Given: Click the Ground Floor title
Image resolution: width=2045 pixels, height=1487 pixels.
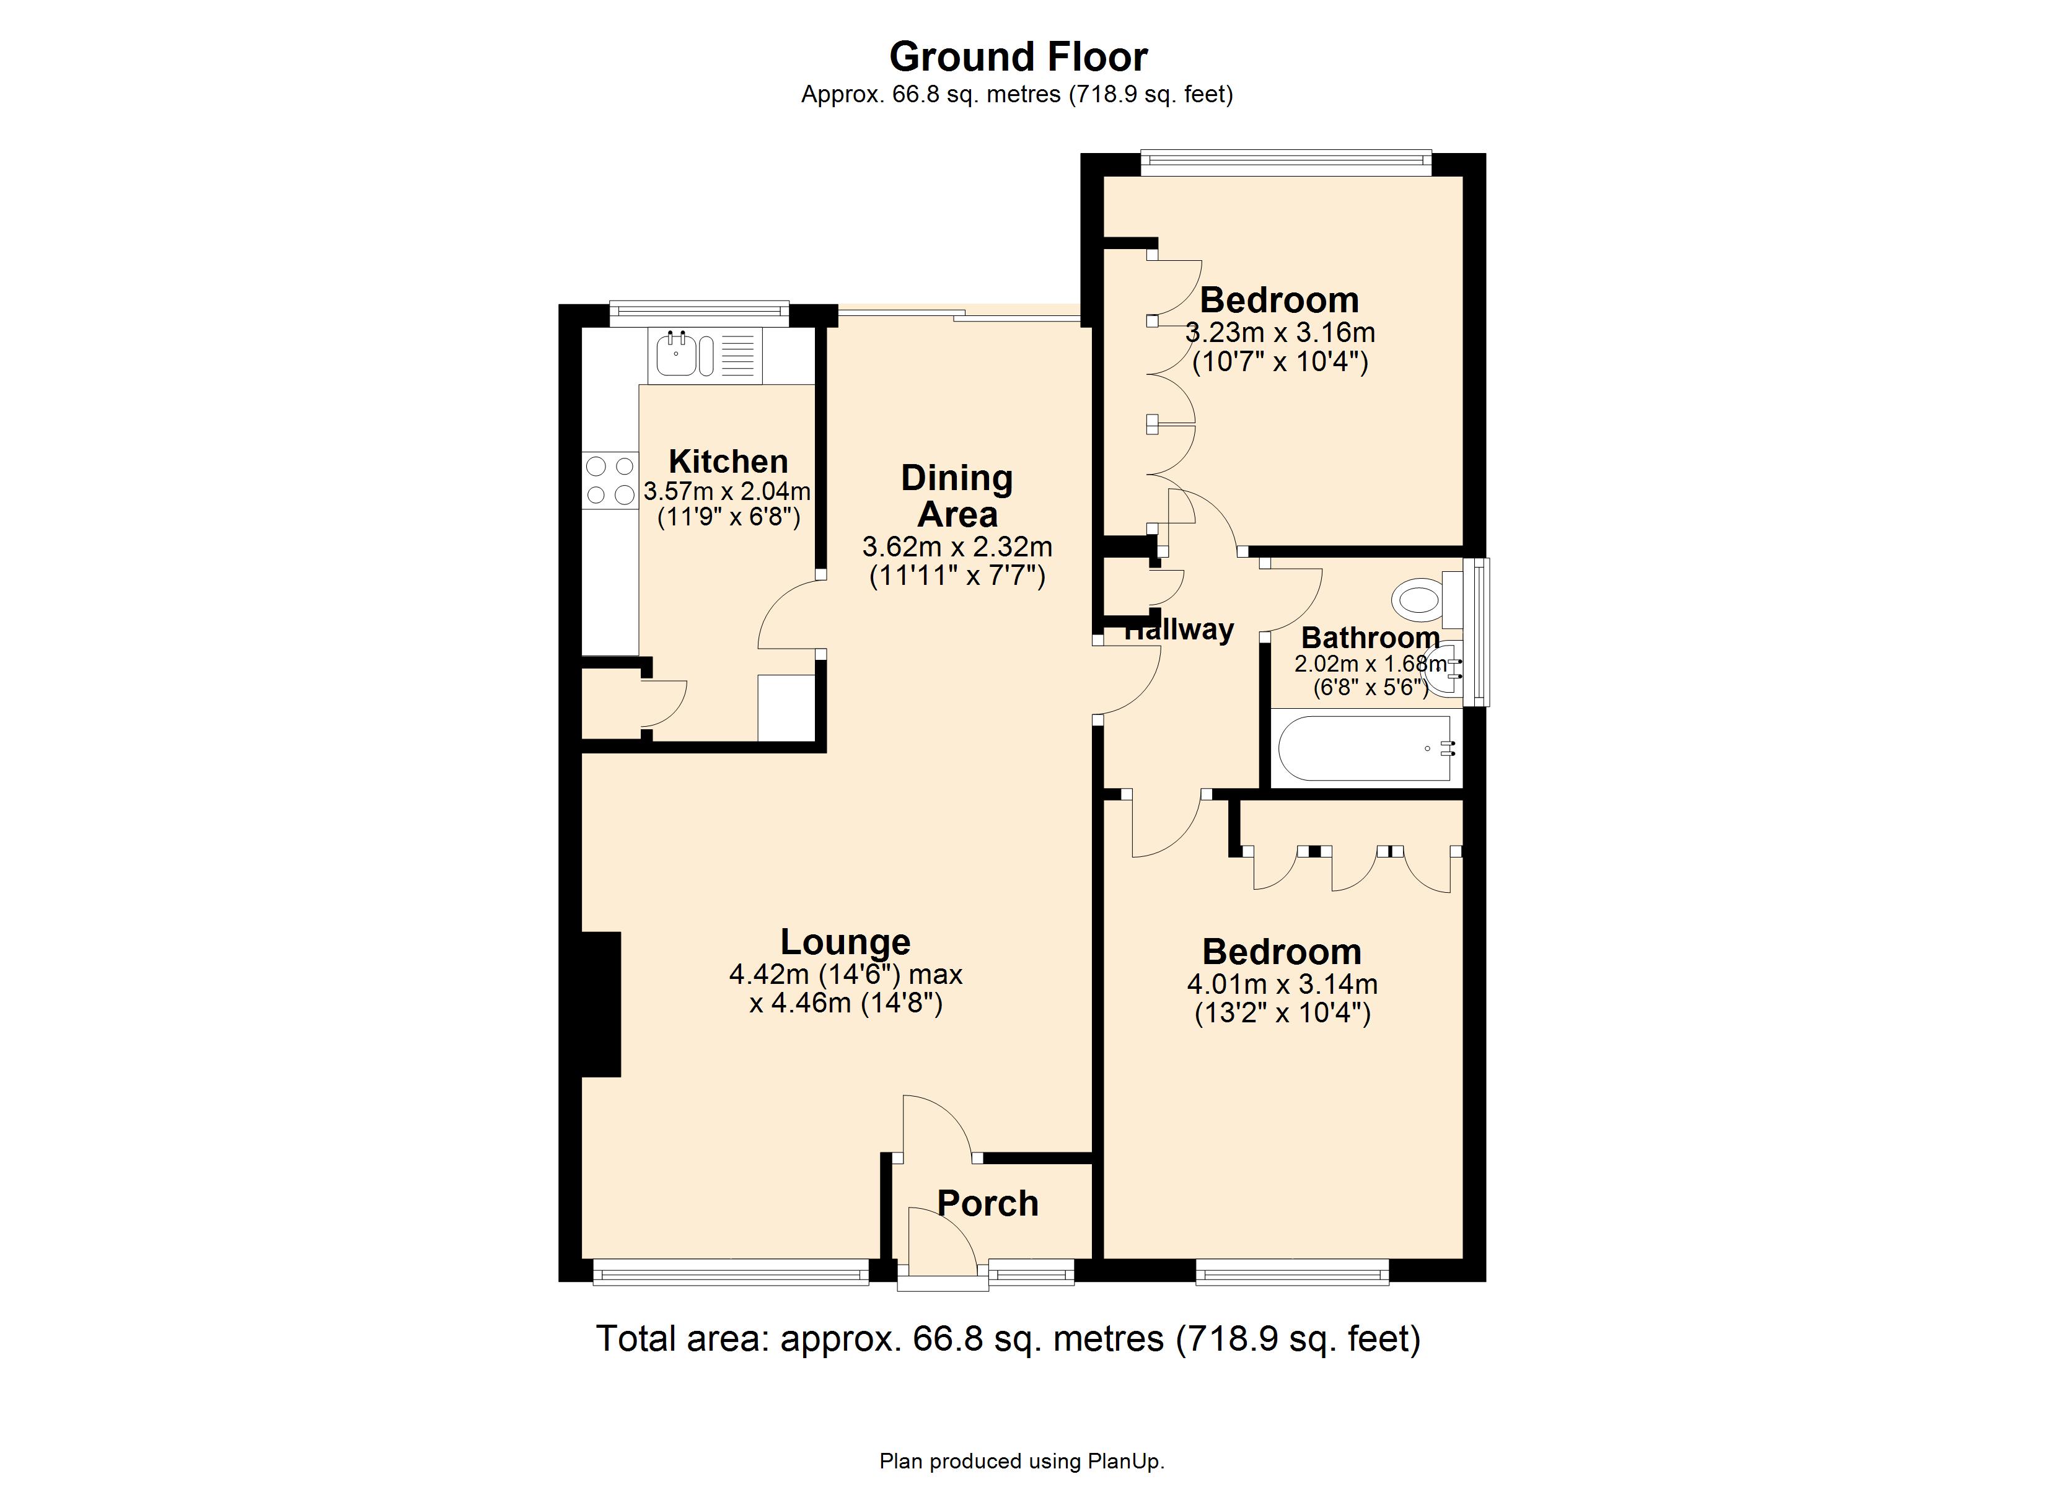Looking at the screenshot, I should click(x=1018, y=57).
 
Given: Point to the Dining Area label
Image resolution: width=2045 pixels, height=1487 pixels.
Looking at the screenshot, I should click(x=957, y=496).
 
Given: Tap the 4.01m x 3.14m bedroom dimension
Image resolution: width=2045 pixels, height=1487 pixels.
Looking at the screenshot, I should click(x=1282, y=984).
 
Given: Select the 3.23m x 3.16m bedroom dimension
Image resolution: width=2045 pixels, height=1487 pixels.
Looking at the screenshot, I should click(x=1280, y=333).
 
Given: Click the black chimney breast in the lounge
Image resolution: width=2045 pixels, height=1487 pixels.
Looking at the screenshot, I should click(x=600, y=1004).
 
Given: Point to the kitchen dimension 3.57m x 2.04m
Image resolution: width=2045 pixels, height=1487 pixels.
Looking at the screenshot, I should click(x=727, y=491).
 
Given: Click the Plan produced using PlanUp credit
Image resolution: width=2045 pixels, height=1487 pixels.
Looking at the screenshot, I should click(x=1022, y=1461).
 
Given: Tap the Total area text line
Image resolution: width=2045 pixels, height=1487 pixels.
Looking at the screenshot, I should click(x=1008, y=1338).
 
